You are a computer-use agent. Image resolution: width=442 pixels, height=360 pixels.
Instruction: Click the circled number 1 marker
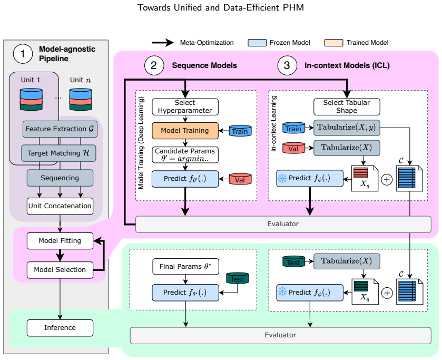click(23, 54)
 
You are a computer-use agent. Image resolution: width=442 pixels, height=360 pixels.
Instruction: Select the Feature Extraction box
click(60, 129)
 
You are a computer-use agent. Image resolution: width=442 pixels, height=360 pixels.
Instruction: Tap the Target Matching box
click(58, 153)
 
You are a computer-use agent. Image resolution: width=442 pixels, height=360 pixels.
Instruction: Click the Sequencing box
click(60, 178)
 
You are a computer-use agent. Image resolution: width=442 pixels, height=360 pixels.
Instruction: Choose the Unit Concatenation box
click(60, 206)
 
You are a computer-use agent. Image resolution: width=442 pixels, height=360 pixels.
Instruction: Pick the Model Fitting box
click(60, 241)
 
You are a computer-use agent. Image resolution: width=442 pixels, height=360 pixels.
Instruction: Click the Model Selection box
click(60, 270)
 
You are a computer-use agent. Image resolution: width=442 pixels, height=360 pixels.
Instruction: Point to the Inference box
click(60, 328)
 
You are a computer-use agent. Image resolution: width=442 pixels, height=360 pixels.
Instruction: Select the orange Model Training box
click(185, 131)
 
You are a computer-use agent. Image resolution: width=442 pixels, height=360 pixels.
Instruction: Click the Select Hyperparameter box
click(185, 106)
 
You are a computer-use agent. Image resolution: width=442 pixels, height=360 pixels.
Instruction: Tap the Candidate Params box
click(185, 155)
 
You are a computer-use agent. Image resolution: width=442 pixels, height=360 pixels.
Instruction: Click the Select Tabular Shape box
click(347, 106)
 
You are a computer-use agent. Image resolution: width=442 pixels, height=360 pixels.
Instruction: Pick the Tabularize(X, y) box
click(347, 128)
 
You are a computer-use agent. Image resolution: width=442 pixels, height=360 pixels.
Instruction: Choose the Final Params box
click(185, 267)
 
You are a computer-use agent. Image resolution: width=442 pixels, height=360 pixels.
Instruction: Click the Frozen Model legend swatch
click(257, 43)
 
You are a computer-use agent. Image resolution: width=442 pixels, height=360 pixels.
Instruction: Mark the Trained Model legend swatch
click(334, 43)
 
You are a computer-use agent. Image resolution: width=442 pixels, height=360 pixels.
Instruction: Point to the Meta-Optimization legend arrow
click(163, 43)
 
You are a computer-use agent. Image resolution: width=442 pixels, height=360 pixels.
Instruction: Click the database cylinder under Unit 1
click(31, 99)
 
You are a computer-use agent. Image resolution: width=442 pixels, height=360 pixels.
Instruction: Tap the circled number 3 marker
click(287, 65)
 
